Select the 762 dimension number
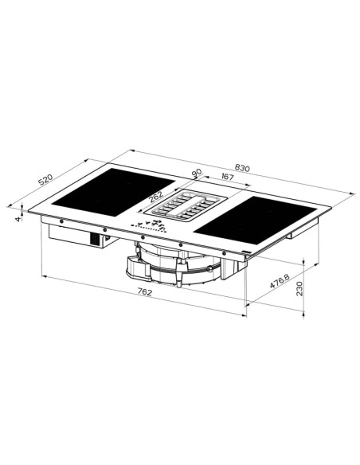click(x=144, y=293)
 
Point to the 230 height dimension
click(x=299, y=289)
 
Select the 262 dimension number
click(x=156, y=195)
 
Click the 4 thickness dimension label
click(x=16, y=217)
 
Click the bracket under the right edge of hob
click(x=298, y=232)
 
